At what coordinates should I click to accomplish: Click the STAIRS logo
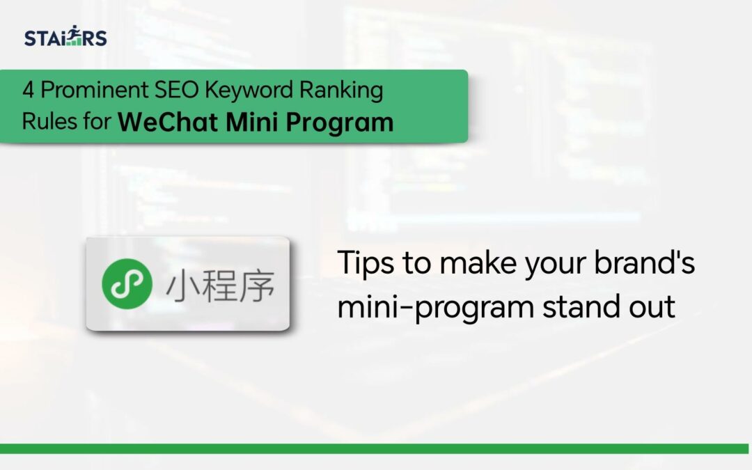[65, 37]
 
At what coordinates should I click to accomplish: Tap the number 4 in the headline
[29, 91]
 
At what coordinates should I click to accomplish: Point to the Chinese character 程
[219, 285]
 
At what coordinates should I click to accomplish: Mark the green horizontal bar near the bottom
[376, 448]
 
